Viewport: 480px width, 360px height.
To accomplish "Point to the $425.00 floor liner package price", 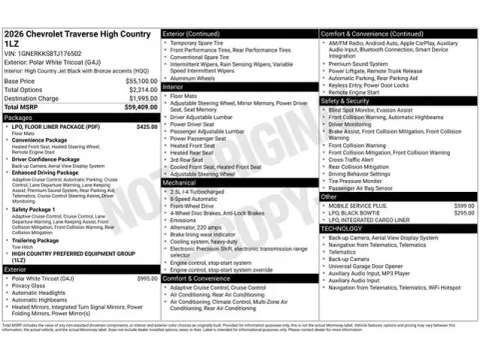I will (146, 127).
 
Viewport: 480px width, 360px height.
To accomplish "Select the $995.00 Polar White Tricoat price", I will (146, 278).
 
